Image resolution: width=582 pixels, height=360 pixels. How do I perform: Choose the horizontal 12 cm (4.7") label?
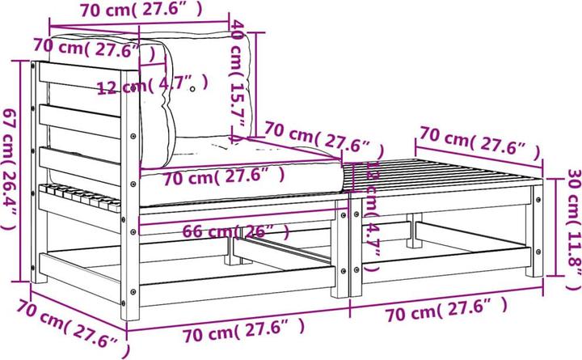click(152, 85)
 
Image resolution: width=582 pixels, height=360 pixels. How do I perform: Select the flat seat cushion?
click(242, 174)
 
